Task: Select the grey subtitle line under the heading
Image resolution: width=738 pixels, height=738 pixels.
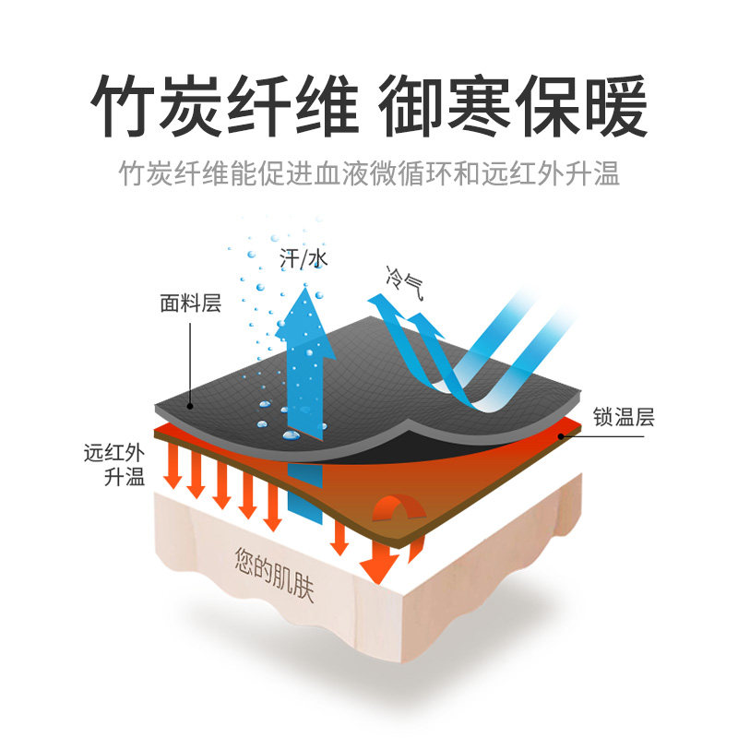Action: (x=369, y=174)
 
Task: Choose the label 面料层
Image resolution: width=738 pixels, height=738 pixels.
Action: (x=191, y=304)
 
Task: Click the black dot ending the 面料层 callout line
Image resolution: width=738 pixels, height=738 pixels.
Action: (x=190, y=406)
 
